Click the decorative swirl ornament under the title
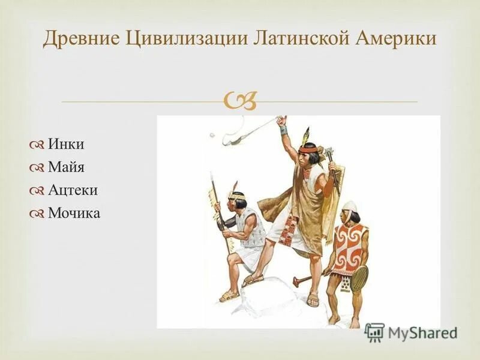point(240,101)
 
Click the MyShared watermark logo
point(411,332)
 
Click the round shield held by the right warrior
point(359,278)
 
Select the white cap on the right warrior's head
point(350,206)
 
